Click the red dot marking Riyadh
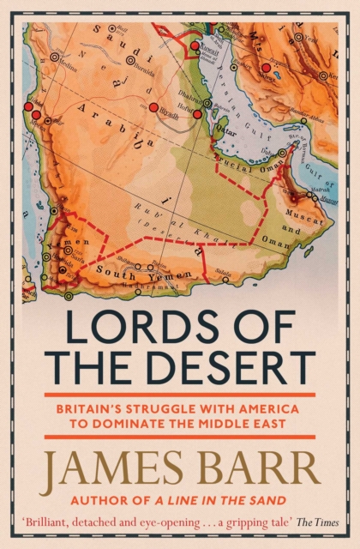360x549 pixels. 153,107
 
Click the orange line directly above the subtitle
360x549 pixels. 180,395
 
